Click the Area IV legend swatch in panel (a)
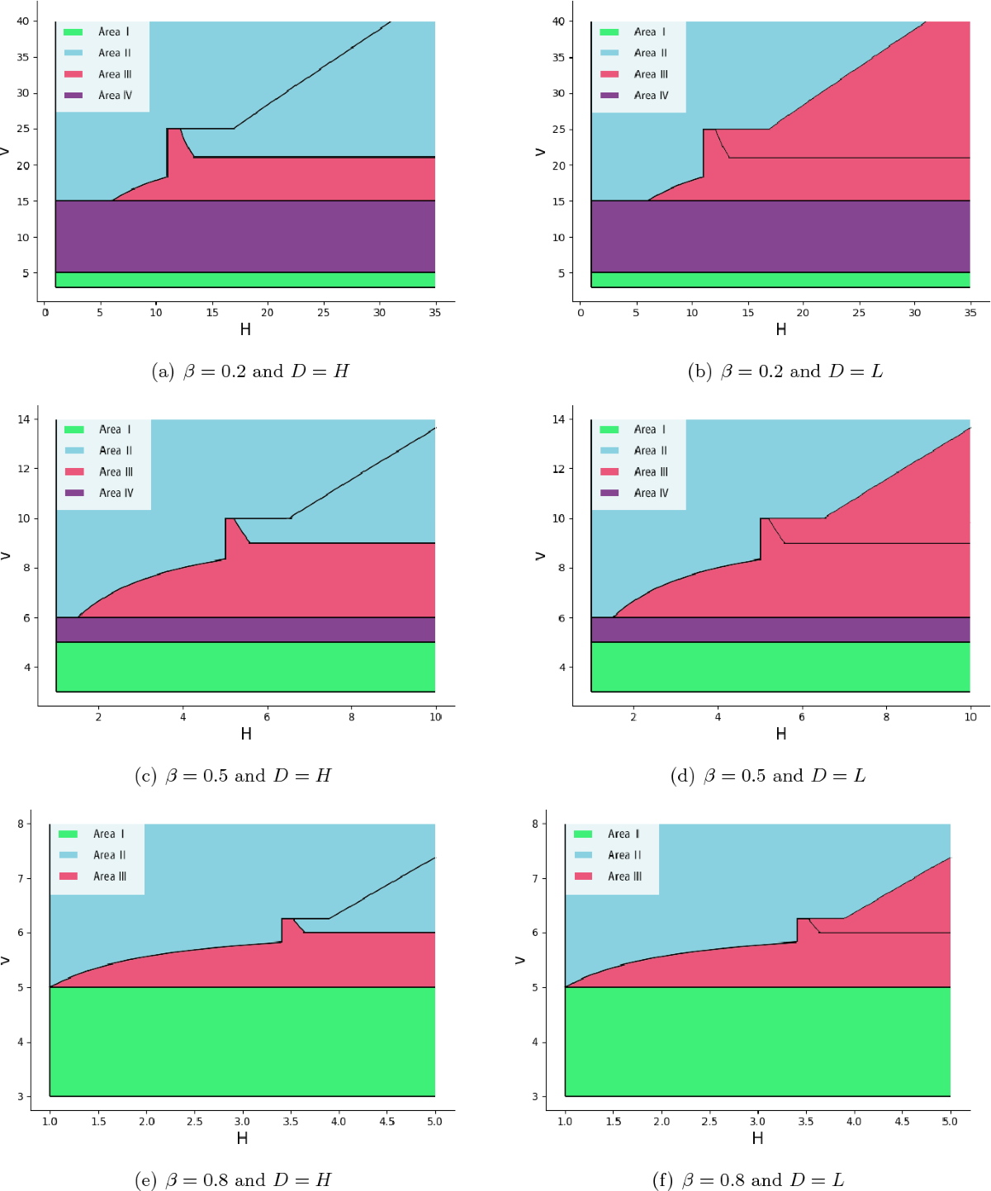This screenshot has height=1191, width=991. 73,96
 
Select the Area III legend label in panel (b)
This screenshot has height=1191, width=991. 651,74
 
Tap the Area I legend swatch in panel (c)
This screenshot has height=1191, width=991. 74,430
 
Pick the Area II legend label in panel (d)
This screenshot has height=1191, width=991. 651,451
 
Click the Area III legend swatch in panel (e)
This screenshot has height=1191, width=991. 69,877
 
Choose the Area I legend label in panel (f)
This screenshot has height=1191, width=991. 624,834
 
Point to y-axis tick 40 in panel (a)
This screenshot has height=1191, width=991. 22,21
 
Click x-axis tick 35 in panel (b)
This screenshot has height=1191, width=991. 970,313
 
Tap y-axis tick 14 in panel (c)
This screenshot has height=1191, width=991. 23,419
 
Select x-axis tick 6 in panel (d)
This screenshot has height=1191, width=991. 802,717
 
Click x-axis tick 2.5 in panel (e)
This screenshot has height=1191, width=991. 194,1122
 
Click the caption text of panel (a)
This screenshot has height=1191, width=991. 250,371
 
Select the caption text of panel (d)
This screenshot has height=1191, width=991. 768,776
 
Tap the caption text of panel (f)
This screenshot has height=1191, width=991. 748,1180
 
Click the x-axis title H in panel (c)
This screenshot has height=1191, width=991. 246,734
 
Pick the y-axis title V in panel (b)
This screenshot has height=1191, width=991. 541,152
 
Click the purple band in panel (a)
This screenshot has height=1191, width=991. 245,236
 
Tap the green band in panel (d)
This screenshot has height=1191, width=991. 780,667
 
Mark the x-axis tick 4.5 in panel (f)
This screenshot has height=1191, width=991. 902,1122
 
